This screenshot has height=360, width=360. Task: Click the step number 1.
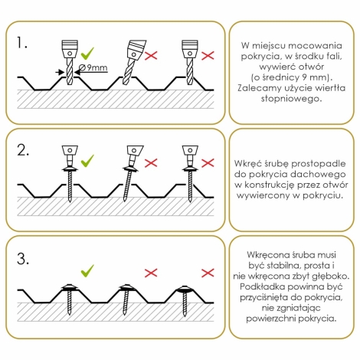21,43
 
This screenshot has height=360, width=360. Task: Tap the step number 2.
23,150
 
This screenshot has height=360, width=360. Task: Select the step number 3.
23,259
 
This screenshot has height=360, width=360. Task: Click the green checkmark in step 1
87,53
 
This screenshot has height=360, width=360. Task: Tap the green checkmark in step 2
87,161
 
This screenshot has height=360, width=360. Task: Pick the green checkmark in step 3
87,271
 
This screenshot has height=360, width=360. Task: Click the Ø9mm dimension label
93,67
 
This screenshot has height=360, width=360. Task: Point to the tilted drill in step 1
133,62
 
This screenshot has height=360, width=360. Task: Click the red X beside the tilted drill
151,55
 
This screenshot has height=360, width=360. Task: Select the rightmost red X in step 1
208,55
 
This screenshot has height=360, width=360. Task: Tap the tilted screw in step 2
132,173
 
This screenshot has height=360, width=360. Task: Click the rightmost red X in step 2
208,163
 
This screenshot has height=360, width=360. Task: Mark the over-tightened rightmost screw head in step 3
185,290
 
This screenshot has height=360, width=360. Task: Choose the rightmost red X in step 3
208,273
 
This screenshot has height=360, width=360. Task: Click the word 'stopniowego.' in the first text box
291,99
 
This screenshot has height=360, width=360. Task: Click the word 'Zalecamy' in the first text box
259,88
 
